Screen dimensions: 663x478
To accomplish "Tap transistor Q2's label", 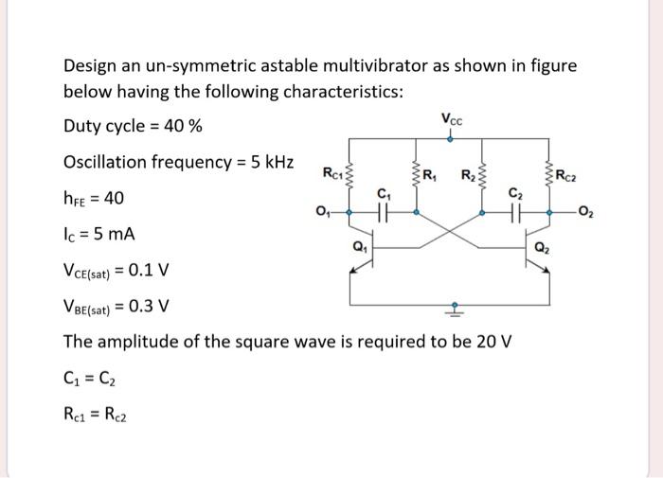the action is (541, 250).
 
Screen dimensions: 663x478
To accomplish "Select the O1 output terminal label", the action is (323, 211).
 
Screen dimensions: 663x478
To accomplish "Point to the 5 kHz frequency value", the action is (266, 162).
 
